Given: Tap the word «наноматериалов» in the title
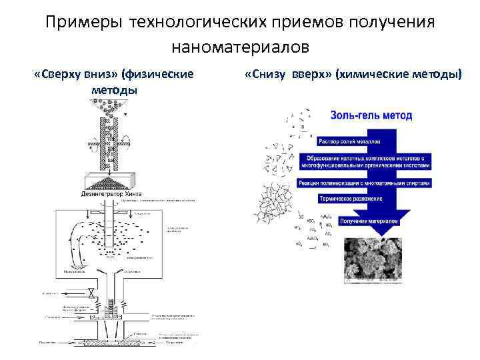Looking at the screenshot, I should pos(240,47).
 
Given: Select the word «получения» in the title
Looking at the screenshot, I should pos(391,22).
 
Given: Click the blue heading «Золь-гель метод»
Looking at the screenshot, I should pos(371,115).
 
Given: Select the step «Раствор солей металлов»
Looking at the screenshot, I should pos(350,141).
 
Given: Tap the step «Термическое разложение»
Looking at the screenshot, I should pos(352,199).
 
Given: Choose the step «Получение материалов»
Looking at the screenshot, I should pos(368,219).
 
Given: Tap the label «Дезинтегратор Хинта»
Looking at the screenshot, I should pos(111,194).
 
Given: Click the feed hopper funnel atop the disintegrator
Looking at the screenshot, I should pos(111,107).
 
